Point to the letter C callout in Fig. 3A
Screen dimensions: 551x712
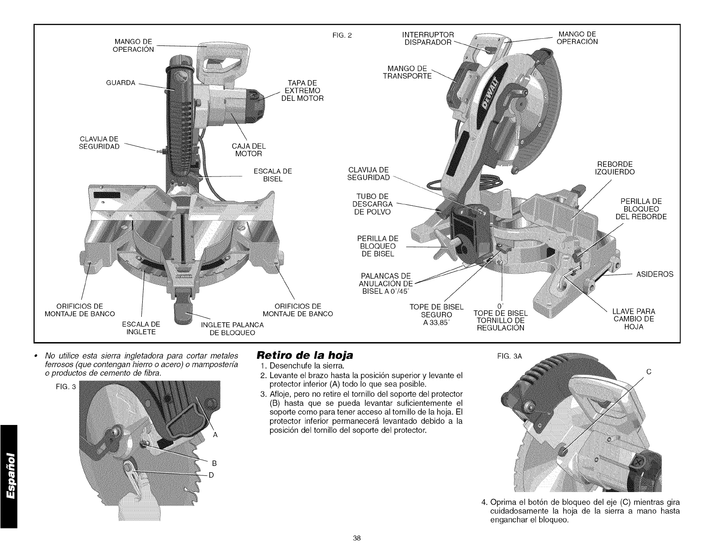click(649, 372)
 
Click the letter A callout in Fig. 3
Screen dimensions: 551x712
click(215, 435)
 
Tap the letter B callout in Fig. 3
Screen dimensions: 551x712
click(215, 463)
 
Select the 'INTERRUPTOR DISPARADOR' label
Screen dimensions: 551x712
click(428, 39)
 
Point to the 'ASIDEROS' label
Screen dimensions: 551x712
click(655, 274)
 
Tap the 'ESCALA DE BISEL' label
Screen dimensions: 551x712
click(273, 175)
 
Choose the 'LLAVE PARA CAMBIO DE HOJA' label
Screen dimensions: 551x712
click(634, 319)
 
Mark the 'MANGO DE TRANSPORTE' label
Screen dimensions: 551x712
click(407, 72)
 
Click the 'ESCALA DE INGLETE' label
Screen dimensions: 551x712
click(142, 328)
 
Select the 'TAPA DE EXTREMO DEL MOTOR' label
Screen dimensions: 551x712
click(302, 90)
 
